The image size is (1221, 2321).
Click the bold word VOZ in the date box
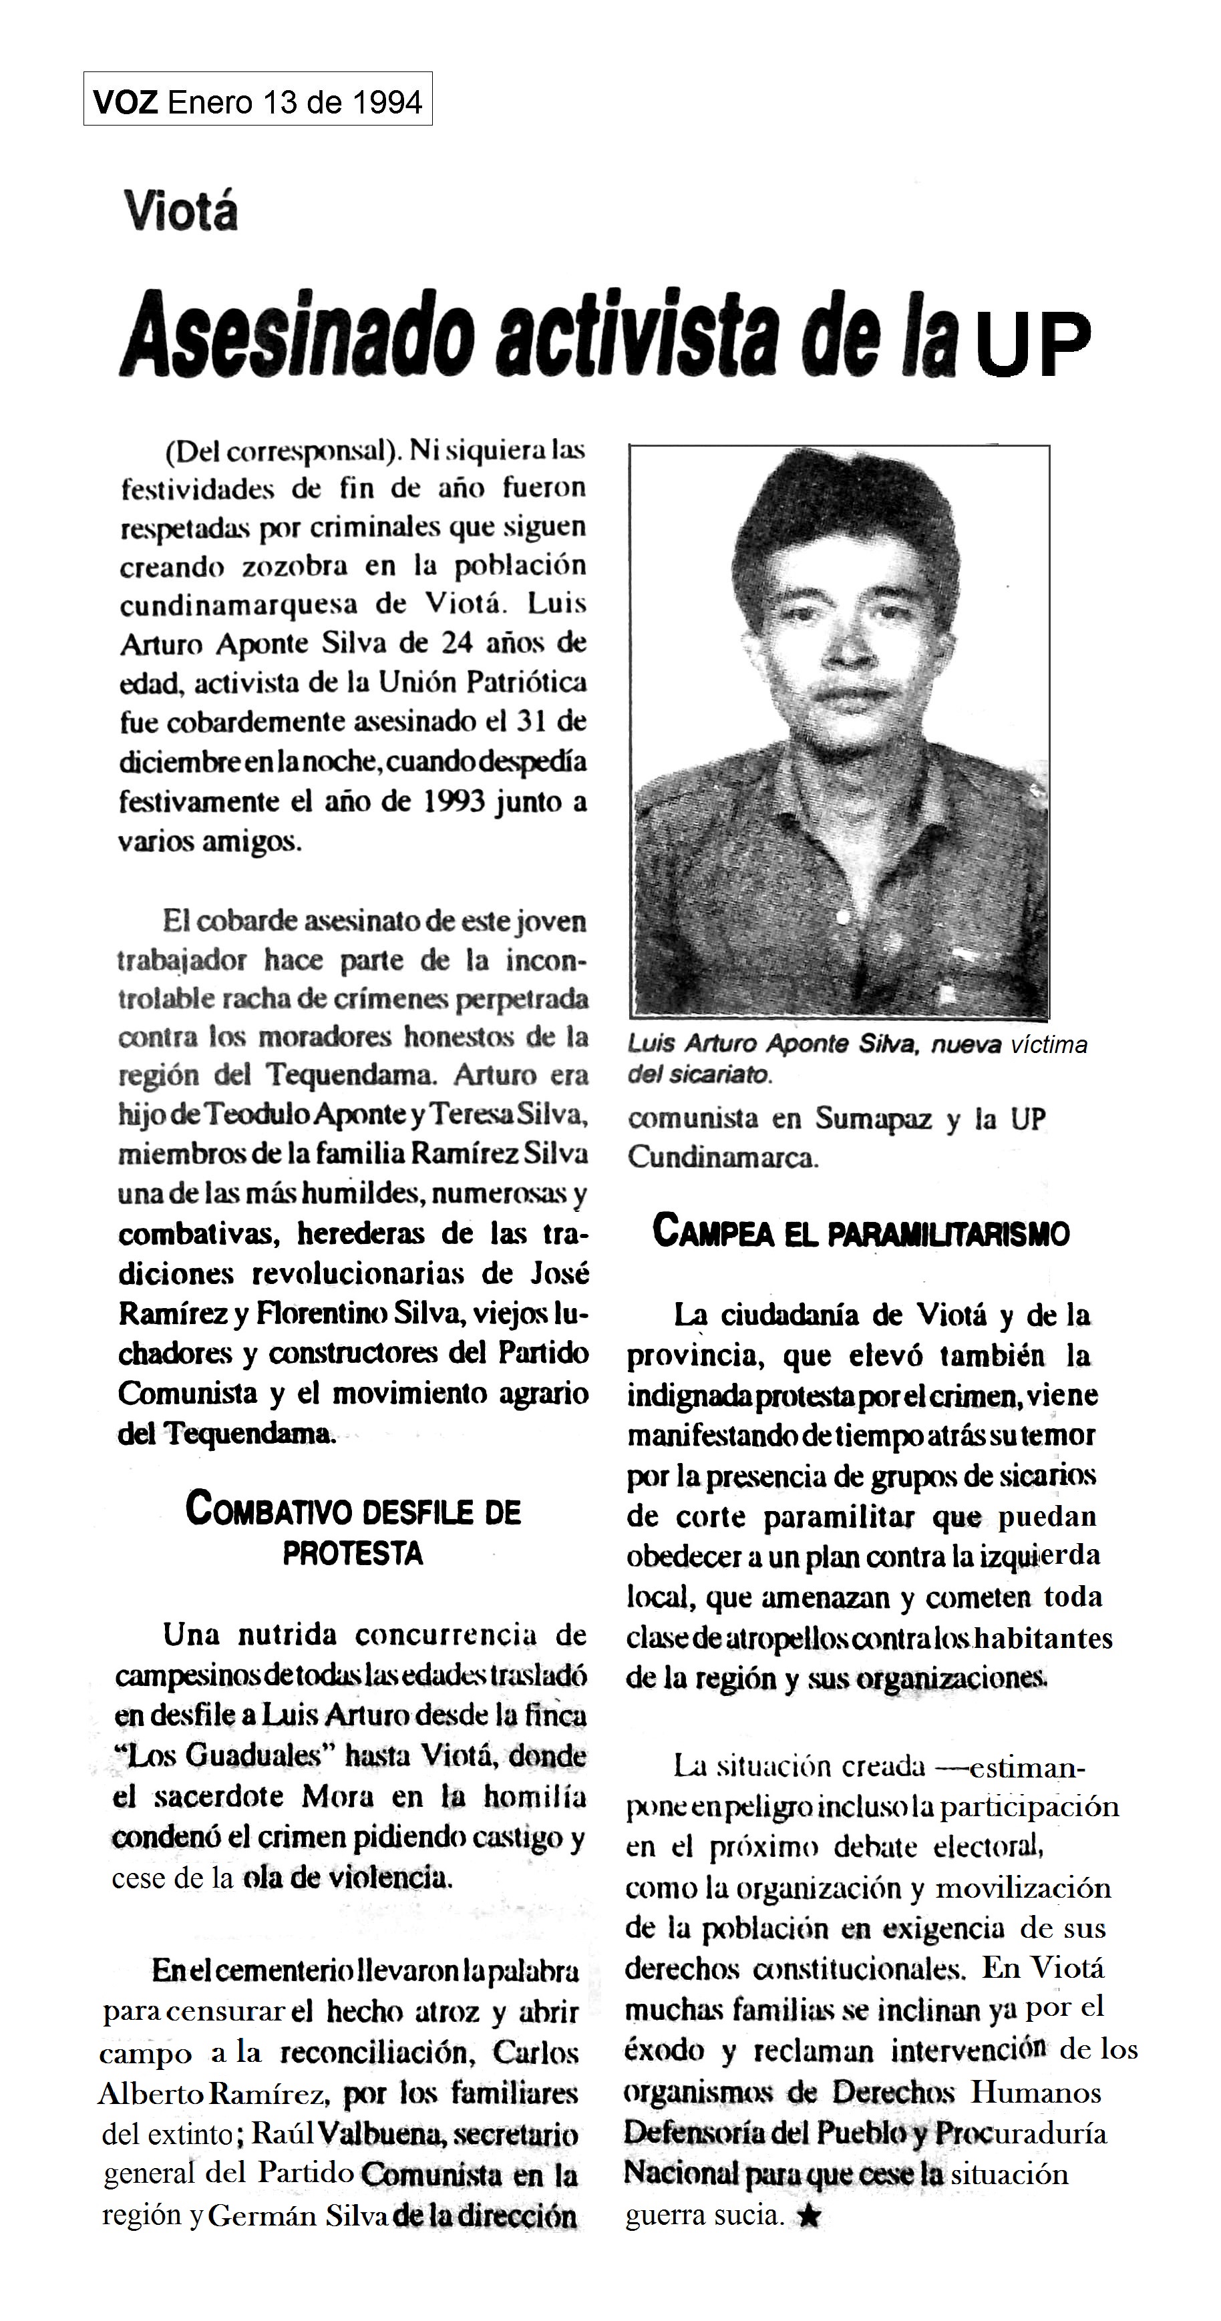click(x=126, y=101)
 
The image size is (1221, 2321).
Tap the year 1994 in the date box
click(x=385, y=101)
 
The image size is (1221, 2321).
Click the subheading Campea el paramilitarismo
click(x=860, y=1233)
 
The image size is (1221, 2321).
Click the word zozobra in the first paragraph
click(x=295, y=566)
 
